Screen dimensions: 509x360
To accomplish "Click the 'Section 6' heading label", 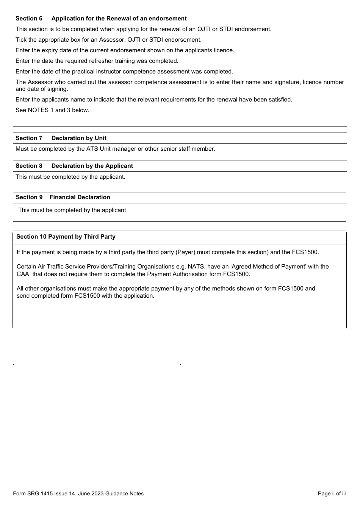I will pos(29,19).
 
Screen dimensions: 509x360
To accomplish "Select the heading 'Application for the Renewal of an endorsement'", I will pos(119,19).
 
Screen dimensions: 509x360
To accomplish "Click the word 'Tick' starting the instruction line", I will pos(21,40).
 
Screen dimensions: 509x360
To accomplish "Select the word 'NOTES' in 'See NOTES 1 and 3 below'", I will pos(38,110).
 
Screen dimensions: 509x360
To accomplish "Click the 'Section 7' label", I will pos(29,138).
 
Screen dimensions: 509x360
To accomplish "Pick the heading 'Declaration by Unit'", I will pos(79,138).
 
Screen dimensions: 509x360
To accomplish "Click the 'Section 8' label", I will pos(29,166).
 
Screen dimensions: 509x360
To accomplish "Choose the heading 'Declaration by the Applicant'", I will pos(92,166).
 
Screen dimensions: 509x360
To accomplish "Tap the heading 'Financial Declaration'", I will pos(80,197).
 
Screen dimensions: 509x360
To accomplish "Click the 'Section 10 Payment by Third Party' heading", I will pos(66,237).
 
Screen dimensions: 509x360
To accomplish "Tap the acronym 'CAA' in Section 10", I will pos(23,274).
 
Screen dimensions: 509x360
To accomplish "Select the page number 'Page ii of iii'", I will pos(332,493).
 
